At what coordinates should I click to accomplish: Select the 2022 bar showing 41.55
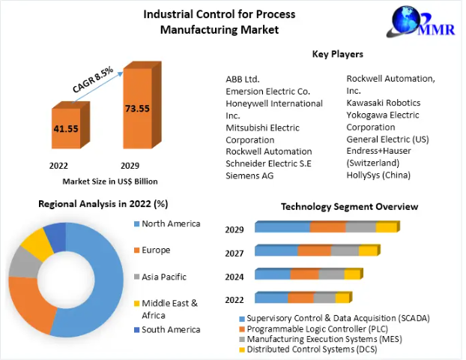(66, 128)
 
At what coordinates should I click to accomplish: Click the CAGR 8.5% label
(93, 80)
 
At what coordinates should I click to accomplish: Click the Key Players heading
(337, 54)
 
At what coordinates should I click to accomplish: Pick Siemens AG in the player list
(249, 175)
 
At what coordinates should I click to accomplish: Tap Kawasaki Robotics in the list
(383, 103)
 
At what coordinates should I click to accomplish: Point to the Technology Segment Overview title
(349, 206)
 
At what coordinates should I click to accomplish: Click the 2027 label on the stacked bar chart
(234, 253)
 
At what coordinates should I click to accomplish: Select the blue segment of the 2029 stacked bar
(282, 227)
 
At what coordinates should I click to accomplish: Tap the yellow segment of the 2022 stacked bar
(342, 298)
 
